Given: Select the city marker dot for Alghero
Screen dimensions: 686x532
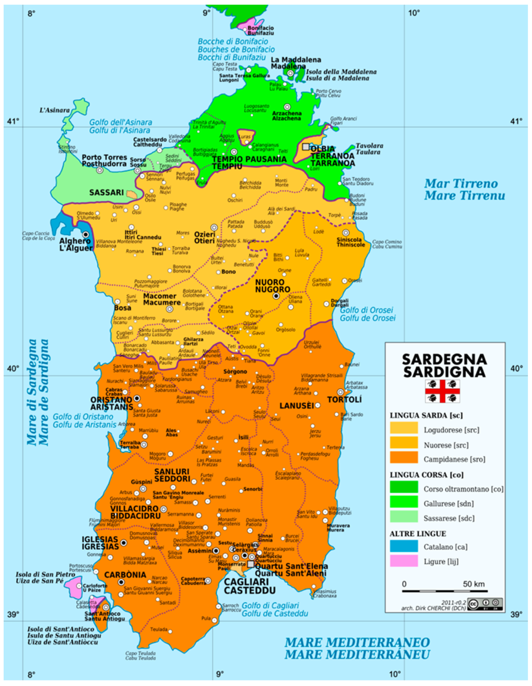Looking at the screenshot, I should pyautogui.click(x=85, y=234).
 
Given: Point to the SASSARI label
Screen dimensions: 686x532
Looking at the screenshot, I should pyautogui.click(x=106, y=193).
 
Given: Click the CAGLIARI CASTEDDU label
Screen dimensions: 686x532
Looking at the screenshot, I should pyautogui.click(x=250, y=586).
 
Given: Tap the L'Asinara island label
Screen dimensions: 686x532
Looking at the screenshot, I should pyautogui.click(x=54, y=110).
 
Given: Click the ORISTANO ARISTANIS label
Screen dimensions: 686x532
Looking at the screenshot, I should pyautogui.click(x=111, y=403).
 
